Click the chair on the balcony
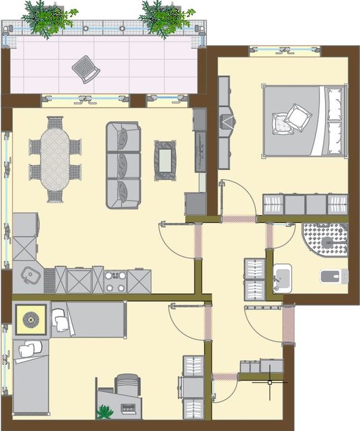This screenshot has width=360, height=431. coord(86,68)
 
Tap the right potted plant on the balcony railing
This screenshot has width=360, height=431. coord(165,17)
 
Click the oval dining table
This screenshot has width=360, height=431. coord(55,158)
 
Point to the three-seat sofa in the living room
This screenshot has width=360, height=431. coord(123,165)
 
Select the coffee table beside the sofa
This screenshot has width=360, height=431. coord(165,160)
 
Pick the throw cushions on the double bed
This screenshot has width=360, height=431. coord(292,118)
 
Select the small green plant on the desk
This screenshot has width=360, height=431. coord(105,411)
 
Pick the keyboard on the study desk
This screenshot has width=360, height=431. coord(129,408)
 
